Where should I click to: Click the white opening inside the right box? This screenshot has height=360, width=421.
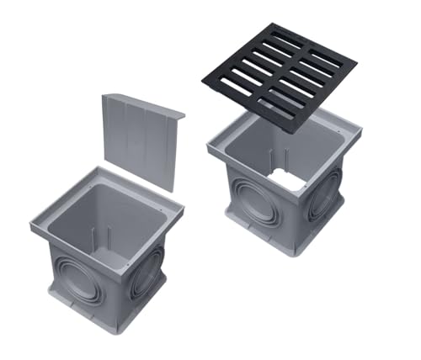[287, 179]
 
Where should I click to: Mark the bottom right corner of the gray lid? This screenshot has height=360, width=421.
[172, 192]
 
